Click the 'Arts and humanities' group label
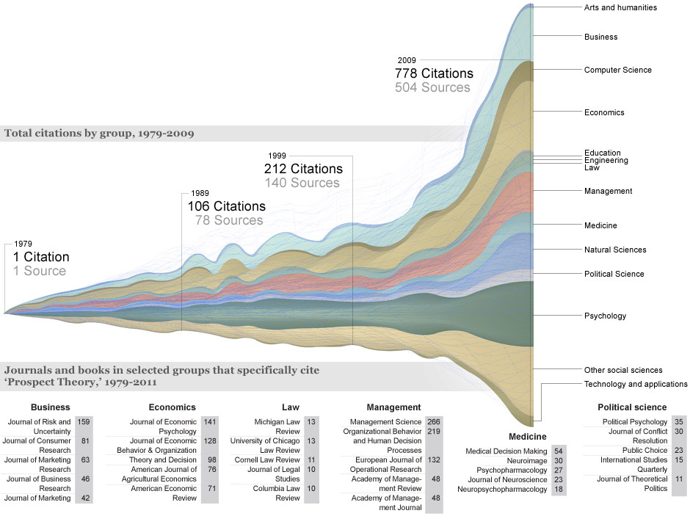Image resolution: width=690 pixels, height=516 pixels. click(x=620, y=7)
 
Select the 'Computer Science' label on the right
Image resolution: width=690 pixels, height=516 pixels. click(x=617, y=70)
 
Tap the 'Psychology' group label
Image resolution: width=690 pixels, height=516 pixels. click(x=605, y=316)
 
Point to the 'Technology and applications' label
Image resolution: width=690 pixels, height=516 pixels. click(x=636, y=384)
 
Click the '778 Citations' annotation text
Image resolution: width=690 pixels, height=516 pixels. click(x=434, y=73)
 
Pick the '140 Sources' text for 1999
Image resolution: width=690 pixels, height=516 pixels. click(x=302, y=183)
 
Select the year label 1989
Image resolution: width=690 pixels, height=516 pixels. click(x=199, y=193)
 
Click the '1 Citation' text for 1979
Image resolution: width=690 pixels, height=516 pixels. click(x=41, y=257)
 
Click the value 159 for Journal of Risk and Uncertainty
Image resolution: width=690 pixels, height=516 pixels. click(x=84, y=422)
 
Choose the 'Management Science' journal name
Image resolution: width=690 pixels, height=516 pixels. click(x=385, y=422)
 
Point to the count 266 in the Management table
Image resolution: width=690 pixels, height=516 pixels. click(x=434, y=422)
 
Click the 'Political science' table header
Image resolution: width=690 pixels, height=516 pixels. click(x=632, y=407)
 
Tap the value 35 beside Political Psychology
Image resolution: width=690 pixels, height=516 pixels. click(x=679, y=422)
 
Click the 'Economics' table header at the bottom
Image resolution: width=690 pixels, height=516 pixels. click(x=172, y=407)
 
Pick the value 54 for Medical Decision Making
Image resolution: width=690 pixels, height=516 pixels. click(x=559, y=451)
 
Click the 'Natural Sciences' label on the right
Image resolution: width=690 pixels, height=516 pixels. click(x=615, y=250)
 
